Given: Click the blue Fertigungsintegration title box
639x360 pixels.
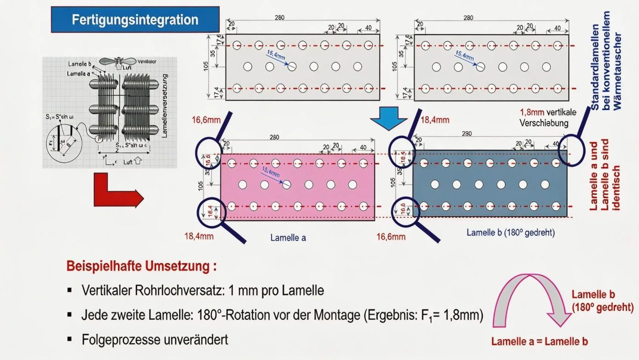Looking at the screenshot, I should tap(135, 20).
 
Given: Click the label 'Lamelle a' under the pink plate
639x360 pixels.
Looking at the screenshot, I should tap(288, 237).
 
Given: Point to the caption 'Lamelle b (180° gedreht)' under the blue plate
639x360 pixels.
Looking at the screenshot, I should tap(510, 232).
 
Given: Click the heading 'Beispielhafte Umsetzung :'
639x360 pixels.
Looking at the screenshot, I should tap(142, 266).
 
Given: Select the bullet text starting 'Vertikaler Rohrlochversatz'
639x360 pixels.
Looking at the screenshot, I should tap(203, 290).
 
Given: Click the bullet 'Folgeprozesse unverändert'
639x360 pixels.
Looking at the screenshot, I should tap(155, 339).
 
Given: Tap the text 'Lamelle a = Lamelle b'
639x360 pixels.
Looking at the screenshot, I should tap(539, 341).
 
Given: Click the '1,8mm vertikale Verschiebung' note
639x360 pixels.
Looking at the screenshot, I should tap(548, 118).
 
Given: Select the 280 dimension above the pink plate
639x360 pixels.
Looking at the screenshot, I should tap(274, 137).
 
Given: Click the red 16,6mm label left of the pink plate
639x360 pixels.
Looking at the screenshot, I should tap(206, 120).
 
